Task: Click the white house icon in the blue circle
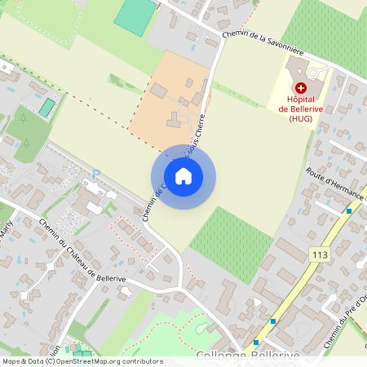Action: coord(183,175)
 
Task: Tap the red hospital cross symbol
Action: coord(301,87)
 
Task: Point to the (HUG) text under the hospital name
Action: coord(300,117)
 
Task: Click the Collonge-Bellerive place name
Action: coord(247,357)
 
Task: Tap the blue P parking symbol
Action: coord(95,174)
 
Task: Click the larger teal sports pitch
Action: coord(136,15)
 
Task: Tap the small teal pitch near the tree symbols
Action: coord(47,107)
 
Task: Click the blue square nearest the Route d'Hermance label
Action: coord(349,211)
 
